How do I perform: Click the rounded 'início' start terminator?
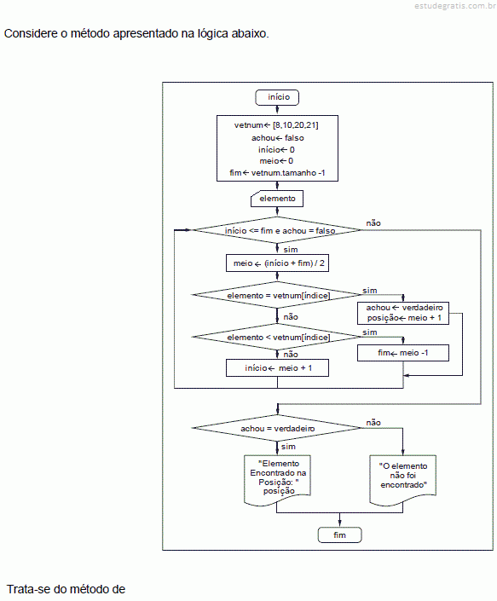pos(277,97)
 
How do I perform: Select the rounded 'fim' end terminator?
pos(339,535)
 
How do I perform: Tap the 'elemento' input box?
pos(277,199)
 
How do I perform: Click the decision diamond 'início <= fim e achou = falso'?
pos(276,230)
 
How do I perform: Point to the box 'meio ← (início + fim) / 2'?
pos(277,263)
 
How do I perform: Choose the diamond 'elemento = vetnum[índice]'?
pos(276,295)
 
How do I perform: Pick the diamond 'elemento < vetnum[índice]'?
pos(276,337)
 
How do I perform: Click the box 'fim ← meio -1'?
pos(403,353)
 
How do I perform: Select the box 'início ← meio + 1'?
pos(277,368)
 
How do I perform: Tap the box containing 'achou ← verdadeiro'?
pos(403,313)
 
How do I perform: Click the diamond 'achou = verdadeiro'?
pos(276,428)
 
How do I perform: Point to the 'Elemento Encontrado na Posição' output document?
pos(277,479)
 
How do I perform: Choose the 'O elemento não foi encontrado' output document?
pos(403,479)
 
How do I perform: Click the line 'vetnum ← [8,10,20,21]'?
pos(276,125)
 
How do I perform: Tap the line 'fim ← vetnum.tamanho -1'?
pos(277,173)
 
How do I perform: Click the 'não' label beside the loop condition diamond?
pos(373,223)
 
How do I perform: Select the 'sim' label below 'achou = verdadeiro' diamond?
pos(288,447)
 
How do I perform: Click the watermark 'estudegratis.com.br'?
pos(455,5)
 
